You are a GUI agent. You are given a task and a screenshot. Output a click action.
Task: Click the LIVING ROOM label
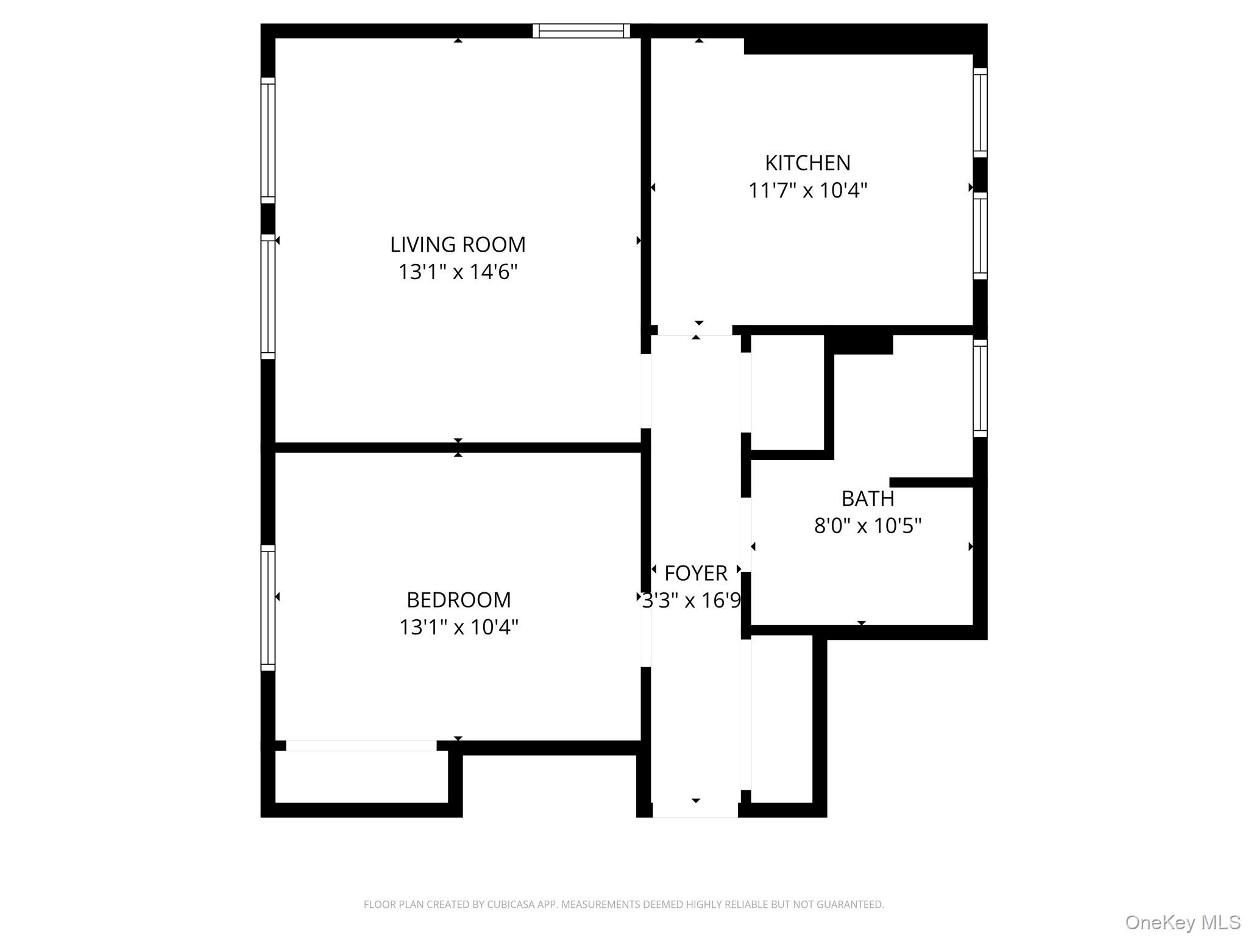pos(458,244)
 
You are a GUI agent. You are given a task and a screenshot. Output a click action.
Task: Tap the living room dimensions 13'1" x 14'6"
pos(458,272)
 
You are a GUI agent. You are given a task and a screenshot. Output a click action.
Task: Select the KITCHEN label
pos(807,163)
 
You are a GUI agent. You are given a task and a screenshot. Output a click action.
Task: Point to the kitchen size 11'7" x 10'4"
pos(807,190)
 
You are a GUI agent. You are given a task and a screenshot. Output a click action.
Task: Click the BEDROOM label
pos(459,600)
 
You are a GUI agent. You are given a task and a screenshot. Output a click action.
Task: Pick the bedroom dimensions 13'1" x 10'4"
pos(459,627)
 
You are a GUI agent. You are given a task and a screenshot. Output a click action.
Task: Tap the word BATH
pos(868,498)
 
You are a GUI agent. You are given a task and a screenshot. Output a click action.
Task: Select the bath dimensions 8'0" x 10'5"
pos(868,525)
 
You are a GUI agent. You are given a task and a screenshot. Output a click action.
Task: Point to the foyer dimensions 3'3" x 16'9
pos(692,601)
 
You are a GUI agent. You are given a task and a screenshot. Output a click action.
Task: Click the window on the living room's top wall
pos(581,31)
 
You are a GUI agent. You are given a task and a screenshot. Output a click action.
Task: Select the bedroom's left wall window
pos(268,608)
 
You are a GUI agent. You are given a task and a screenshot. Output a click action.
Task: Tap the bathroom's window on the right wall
pos(980,388)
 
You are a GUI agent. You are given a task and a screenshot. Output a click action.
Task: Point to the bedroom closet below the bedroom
pos(361,776)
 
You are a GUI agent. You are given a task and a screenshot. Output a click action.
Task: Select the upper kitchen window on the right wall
pos(980,113)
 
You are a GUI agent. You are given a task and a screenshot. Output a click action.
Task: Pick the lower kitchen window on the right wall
pos(980,236)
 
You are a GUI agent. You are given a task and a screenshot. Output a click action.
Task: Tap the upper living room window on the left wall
pos(268,140)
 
